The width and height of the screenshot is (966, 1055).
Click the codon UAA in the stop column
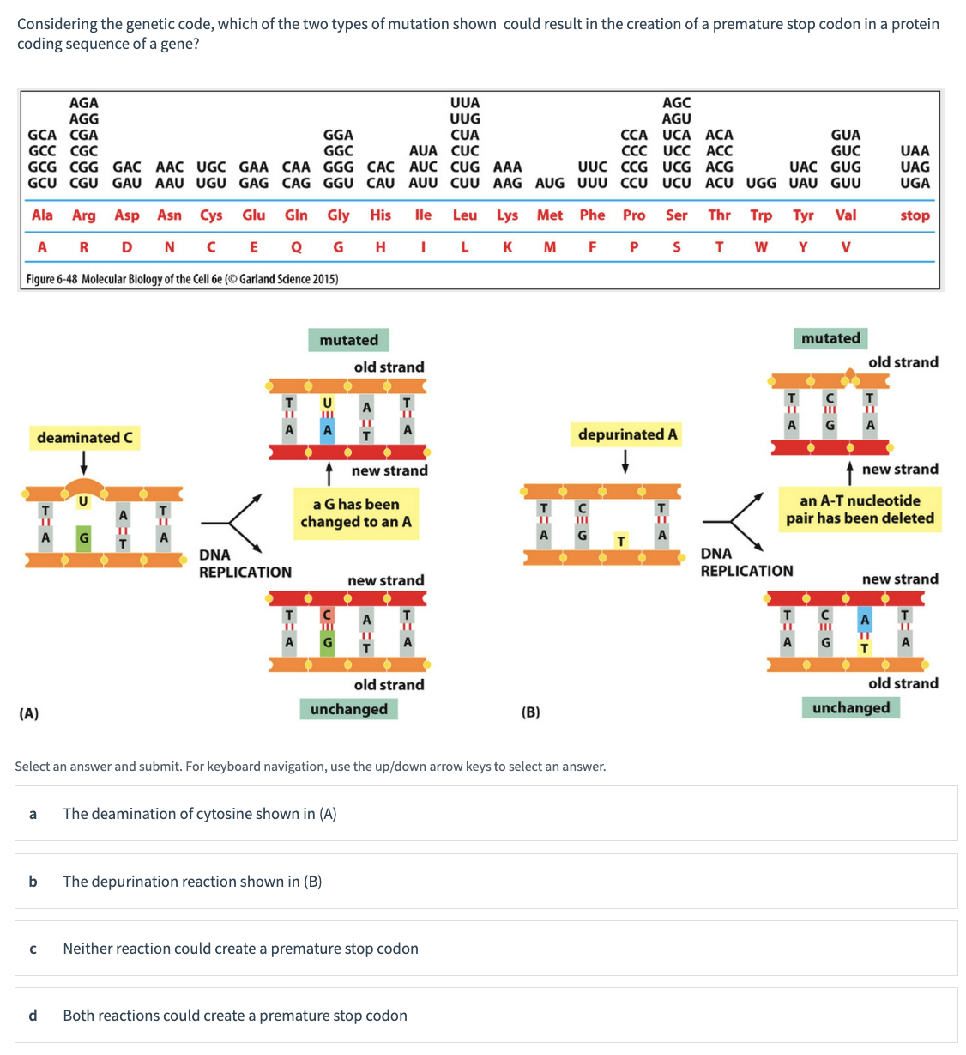click(915, 151)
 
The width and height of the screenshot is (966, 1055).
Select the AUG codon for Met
click(550, 183)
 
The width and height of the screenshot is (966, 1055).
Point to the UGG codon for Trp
click(761, 183)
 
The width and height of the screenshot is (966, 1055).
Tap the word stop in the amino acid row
click(915, 215)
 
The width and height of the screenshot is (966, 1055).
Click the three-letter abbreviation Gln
click(296, 215)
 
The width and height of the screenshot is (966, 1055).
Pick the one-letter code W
click(761, 247)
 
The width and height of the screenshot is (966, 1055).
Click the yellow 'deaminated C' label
click(84, 438)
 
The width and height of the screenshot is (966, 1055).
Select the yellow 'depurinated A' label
click(627, 434)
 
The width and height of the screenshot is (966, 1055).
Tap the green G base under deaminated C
click(83, 537)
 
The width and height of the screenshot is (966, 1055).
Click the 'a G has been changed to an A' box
click(355, 513)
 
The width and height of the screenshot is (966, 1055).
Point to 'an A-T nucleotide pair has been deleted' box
click(860, 510)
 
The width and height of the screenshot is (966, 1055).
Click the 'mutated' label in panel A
click(348, 340)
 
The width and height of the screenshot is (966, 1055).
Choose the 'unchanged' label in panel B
click(850, 707)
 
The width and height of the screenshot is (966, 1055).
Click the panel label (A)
click(29, 713)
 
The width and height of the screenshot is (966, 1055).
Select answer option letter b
click(33, 882)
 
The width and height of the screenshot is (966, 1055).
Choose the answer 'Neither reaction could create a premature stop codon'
click(240, 949)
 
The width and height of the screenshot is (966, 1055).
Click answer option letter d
click(33, 1016)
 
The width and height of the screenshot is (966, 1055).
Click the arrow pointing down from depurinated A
click(625, 461)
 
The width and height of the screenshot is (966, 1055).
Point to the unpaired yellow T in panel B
click(620, 541)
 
